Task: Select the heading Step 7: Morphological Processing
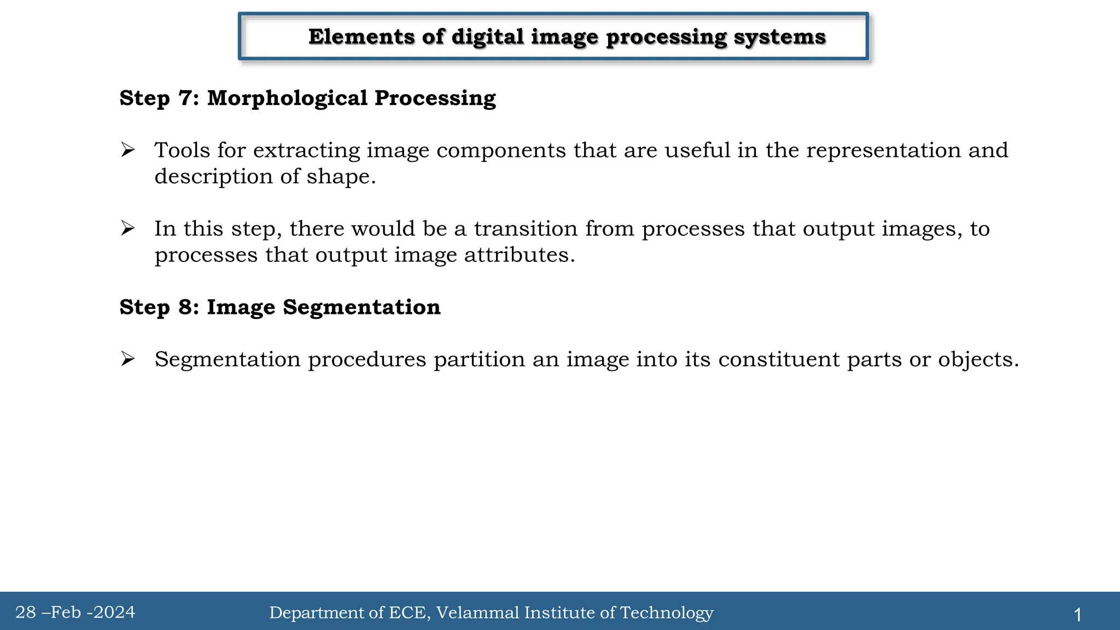coord(307,98)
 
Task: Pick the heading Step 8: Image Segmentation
coord(279,307)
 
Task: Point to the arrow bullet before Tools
coord(127,150)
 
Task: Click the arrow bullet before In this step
coord(127,228)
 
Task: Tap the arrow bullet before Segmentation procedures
coord(127,359)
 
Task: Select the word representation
coord(883,150)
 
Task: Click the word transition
coord(525,229)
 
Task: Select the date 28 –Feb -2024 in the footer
coord(75,612)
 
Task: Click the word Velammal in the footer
coord(477,612)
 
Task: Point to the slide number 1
coord(1077,615)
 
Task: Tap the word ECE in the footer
coord(407,612)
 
